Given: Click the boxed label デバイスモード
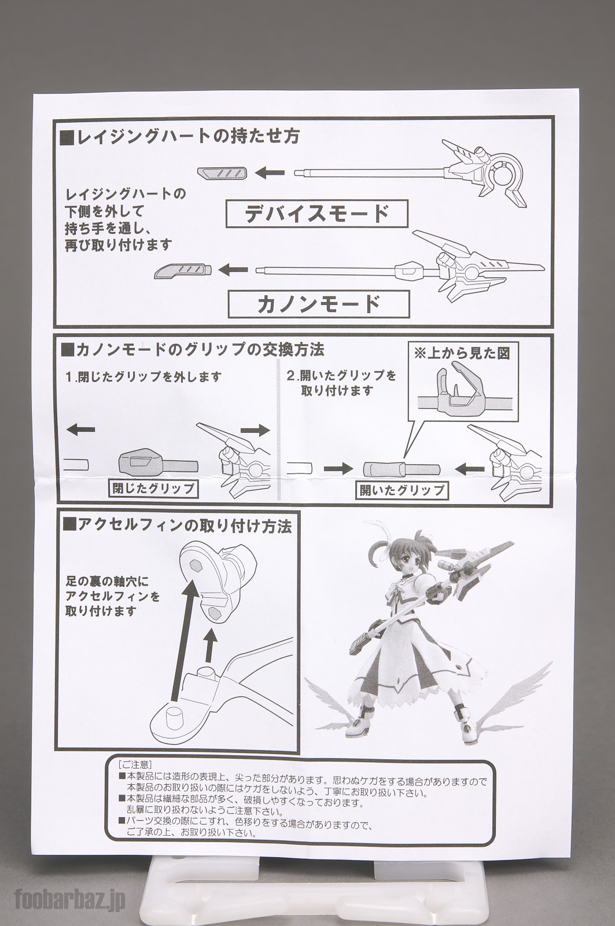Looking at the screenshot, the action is click(317, 213).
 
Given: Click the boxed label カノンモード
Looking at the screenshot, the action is click(319, 304).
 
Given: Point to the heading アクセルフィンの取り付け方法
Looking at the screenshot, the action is click(177, 526).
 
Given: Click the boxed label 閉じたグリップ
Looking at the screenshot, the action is click(153, 488).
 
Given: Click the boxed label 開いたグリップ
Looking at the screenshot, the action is click(402, 490).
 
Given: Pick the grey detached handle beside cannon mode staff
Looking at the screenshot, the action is click(183, 270).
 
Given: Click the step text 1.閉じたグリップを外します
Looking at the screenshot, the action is click(143, 377).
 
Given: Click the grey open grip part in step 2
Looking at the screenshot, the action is click(402, 468).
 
